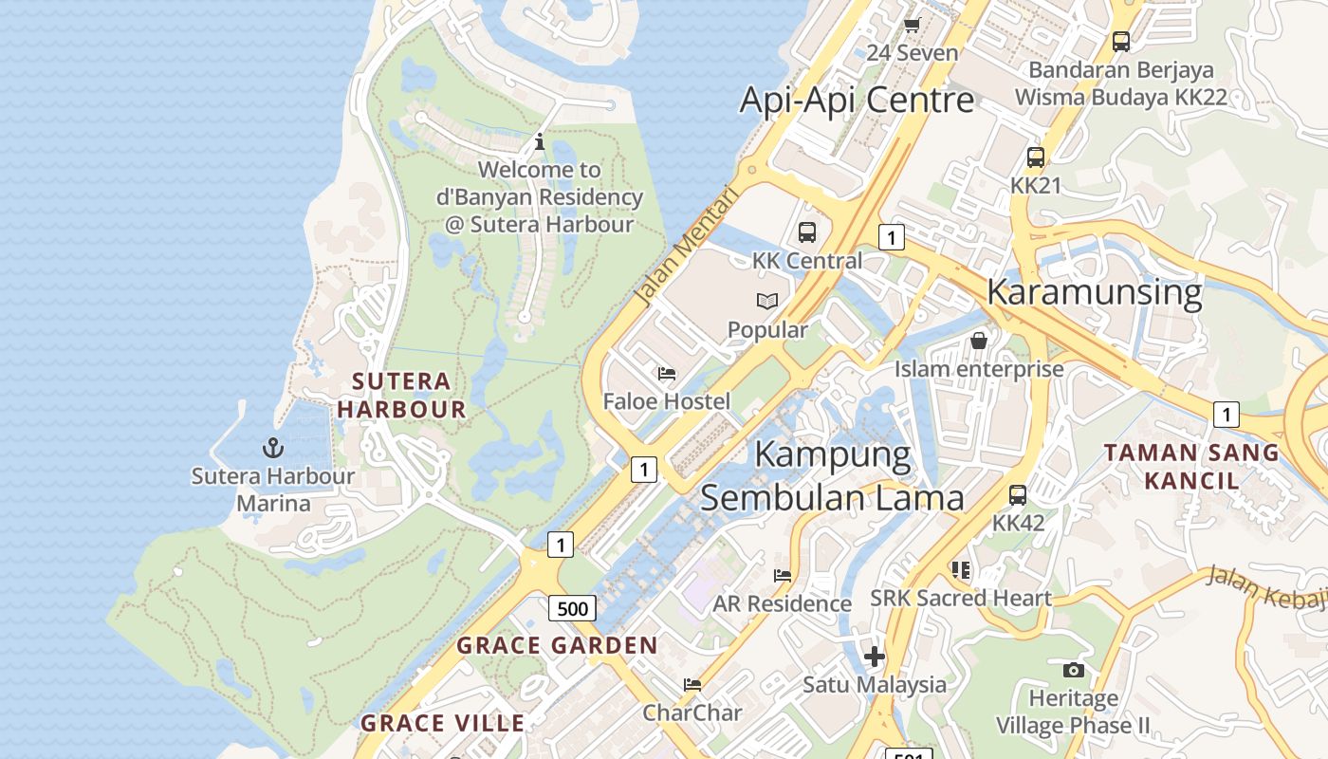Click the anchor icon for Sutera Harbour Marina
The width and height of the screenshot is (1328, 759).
tap(273, 447)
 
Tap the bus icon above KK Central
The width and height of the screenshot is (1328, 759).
tap(806, 231)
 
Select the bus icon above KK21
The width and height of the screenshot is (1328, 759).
tap(1035, 157)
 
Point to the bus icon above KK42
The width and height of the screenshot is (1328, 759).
tap(1018, 494)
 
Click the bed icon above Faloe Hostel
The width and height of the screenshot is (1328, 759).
tap(667, 374)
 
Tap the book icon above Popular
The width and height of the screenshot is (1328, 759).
tap(766, 302)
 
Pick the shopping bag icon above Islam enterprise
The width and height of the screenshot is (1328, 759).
tap(979, 340)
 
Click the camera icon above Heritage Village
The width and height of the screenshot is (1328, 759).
tap(1073, 670)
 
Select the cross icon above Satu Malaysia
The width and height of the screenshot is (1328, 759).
tap(875, 656)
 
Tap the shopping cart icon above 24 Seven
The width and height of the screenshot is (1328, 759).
tap(912, 25)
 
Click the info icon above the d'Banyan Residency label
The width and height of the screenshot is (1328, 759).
tap(540, 142)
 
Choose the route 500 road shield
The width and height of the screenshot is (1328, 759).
tap(572, 608)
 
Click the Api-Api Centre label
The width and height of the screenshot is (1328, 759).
tap(857, 100)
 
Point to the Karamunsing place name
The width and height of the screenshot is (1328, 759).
tap(1094, 291)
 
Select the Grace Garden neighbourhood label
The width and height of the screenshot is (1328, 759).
tap(557, 646)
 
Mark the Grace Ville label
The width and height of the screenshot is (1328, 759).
tap(442, 723)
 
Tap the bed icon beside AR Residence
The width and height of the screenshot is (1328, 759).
tap(783, 575)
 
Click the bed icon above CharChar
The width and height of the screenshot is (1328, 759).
tap(692, 684)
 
